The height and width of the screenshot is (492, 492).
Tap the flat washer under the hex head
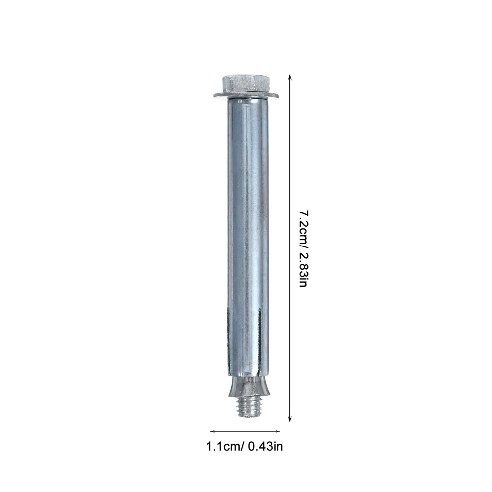pyautogui.click(x=246, y=96)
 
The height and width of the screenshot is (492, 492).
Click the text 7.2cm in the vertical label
pyautogui.click(x=303, y=223)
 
